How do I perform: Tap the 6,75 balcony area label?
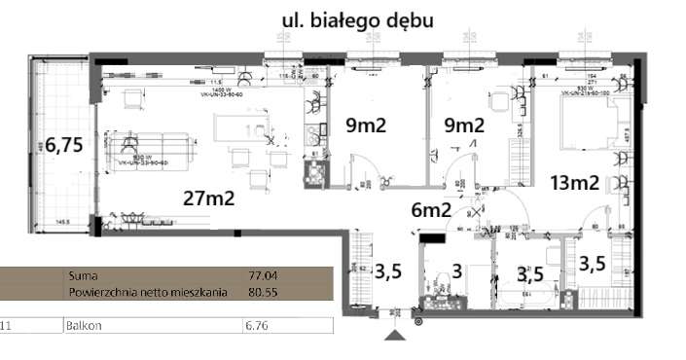click(x=64, y=145)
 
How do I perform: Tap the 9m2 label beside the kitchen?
click(x=367, y=125)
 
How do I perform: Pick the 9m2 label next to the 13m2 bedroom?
click(x=464, y=125)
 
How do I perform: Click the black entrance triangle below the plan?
click(x=395, y=335)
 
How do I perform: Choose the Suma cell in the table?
click(x=84, y=275)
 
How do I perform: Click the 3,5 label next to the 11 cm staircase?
click(x=388, y=271)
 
